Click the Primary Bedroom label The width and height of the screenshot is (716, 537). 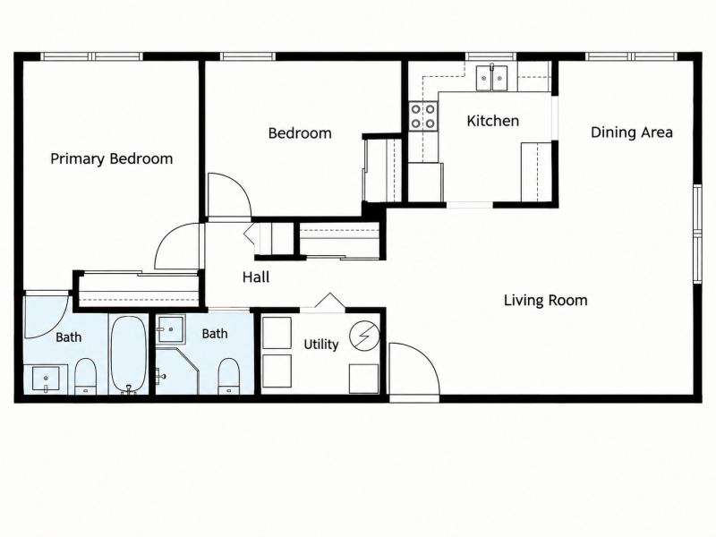pyautogui.click(x=111, y=159)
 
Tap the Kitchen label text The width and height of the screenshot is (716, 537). pyautogui.click(x=493, y=121)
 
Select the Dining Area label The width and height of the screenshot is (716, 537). pyautogui.click(x=632, y=132)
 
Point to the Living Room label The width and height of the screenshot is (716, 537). pyautogui.click(x=545, y=301)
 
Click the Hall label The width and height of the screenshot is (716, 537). pyautogui.click(x=256, y=277)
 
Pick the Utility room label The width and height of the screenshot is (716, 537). pyautogui.click(x=321, y=345)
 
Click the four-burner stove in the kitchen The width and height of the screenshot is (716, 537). pyautogui.click(x=422, y=116)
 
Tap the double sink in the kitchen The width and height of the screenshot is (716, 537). pyautogui.click(x=491, y=78)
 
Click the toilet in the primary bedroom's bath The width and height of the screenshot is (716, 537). pyautogui.click(x=85, y=376)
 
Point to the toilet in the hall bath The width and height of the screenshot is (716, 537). pyautogui.click(x=229, y=376)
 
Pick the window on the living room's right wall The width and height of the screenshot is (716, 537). pyautogui.click(x=697, y=234)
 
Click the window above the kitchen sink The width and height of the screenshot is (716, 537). pyautogui.click(x=490, y=56)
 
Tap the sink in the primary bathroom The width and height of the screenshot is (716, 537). pyautogui.click(x=46, y=379)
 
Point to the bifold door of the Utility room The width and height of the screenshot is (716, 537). pyautogui.click(x=329, y=302)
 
